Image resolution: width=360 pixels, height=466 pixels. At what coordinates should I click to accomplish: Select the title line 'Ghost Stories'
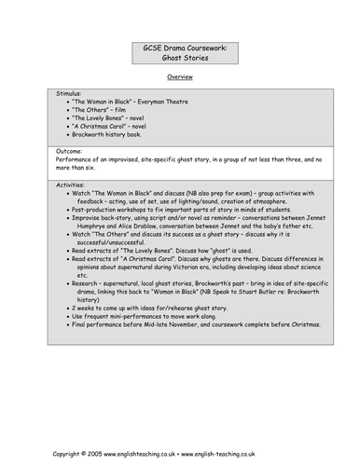tap(180, 56)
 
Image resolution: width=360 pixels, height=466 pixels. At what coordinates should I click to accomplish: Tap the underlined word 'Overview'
tap(180, 76)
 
